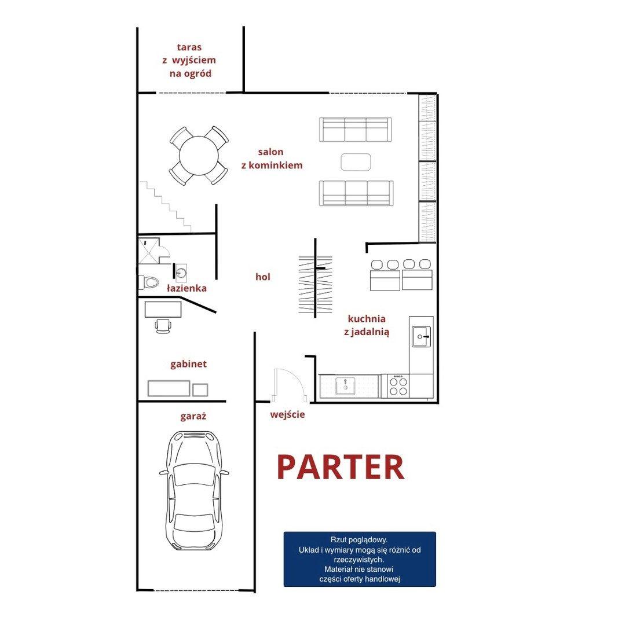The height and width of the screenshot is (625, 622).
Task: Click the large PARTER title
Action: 341,467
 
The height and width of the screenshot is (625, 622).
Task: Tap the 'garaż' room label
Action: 193,417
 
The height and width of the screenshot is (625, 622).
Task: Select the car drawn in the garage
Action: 194,490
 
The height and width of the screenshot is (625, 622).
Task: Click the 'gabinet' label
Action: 188,364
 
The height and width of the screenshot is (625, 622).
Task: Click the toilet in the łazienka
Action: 148,282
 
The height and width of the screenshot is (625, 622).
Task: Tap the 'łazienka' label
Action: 186,288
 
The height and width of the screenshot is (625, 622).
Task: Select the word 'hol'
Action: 263,277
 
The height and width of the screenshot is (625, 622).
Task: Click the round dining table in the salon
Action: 199,156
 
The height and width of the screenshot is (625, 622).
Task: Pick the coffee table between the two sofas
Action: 356,162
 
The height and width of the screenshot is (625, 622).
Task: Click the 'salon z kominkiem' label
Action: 272,158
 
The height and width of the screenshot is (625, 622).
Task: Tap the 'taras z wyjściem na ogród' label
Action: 189,60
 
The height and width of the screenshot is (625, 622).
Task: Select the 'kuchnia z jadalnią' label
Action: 367,325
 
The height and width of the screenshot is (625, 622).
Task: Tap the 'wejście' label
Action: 287,414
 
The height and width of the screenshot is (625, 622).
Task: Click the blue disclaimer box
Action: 360,559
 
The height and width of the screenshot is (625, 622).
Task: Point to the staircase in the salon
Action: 165,207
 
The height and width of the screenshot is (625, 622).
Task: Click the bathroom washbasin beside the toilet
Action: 181,273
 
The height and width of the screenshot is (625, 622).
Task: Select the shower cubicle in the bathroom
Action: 149,251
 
